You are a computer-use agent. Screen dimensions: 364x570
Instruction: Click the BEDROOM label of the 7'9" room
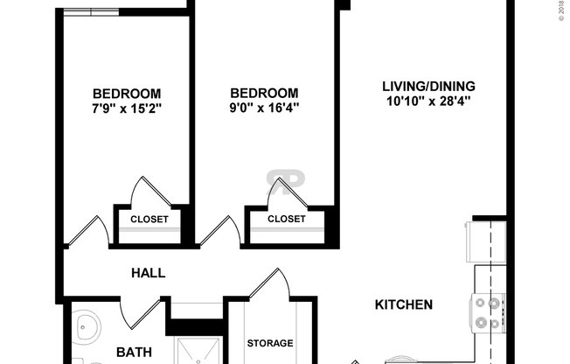(x=127, y=93)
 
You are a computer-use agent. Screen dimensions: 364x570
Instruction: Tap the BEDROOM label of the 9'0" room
(x=263, y=93)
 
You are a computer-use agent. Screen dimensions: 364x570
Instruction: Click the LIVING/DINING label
(x=427, y=86)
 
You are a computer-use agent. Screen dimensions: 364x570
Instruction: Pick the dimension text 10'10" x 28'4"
(x=427, y=101)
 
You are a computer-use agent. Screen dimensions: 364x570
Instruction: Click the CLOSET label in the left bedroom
(x=149, y=219)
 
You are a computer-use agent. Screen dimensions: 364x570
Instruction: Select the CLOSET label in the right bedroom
(x=286, y=219)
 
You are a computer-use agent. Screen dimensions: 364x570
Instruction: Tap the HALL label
(x=148, y=273)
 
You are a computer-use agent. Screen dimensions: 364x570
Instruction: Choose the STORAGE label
(x=269, y=343)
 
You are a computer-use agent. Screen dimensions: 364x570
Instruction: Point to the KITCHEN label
(x=404, y=305)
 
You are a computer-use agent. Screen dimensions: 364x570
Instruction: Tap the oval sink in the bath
(x=87, y=332)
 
